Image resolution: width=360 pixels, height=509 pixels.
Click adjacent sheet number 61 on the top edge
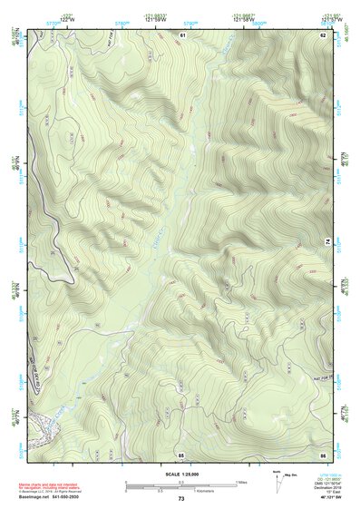coord(181,34)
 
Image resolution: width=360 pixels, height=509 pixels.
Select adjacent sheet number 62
coord(322,34)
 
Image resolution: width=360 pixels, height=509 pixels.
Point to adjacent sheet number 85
coord(181,454)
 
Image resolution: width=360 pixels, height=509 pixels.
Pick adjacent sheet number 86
coord(322,454)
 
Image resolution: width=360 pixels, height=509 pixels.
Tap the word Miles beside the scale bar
coord(242,482)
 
